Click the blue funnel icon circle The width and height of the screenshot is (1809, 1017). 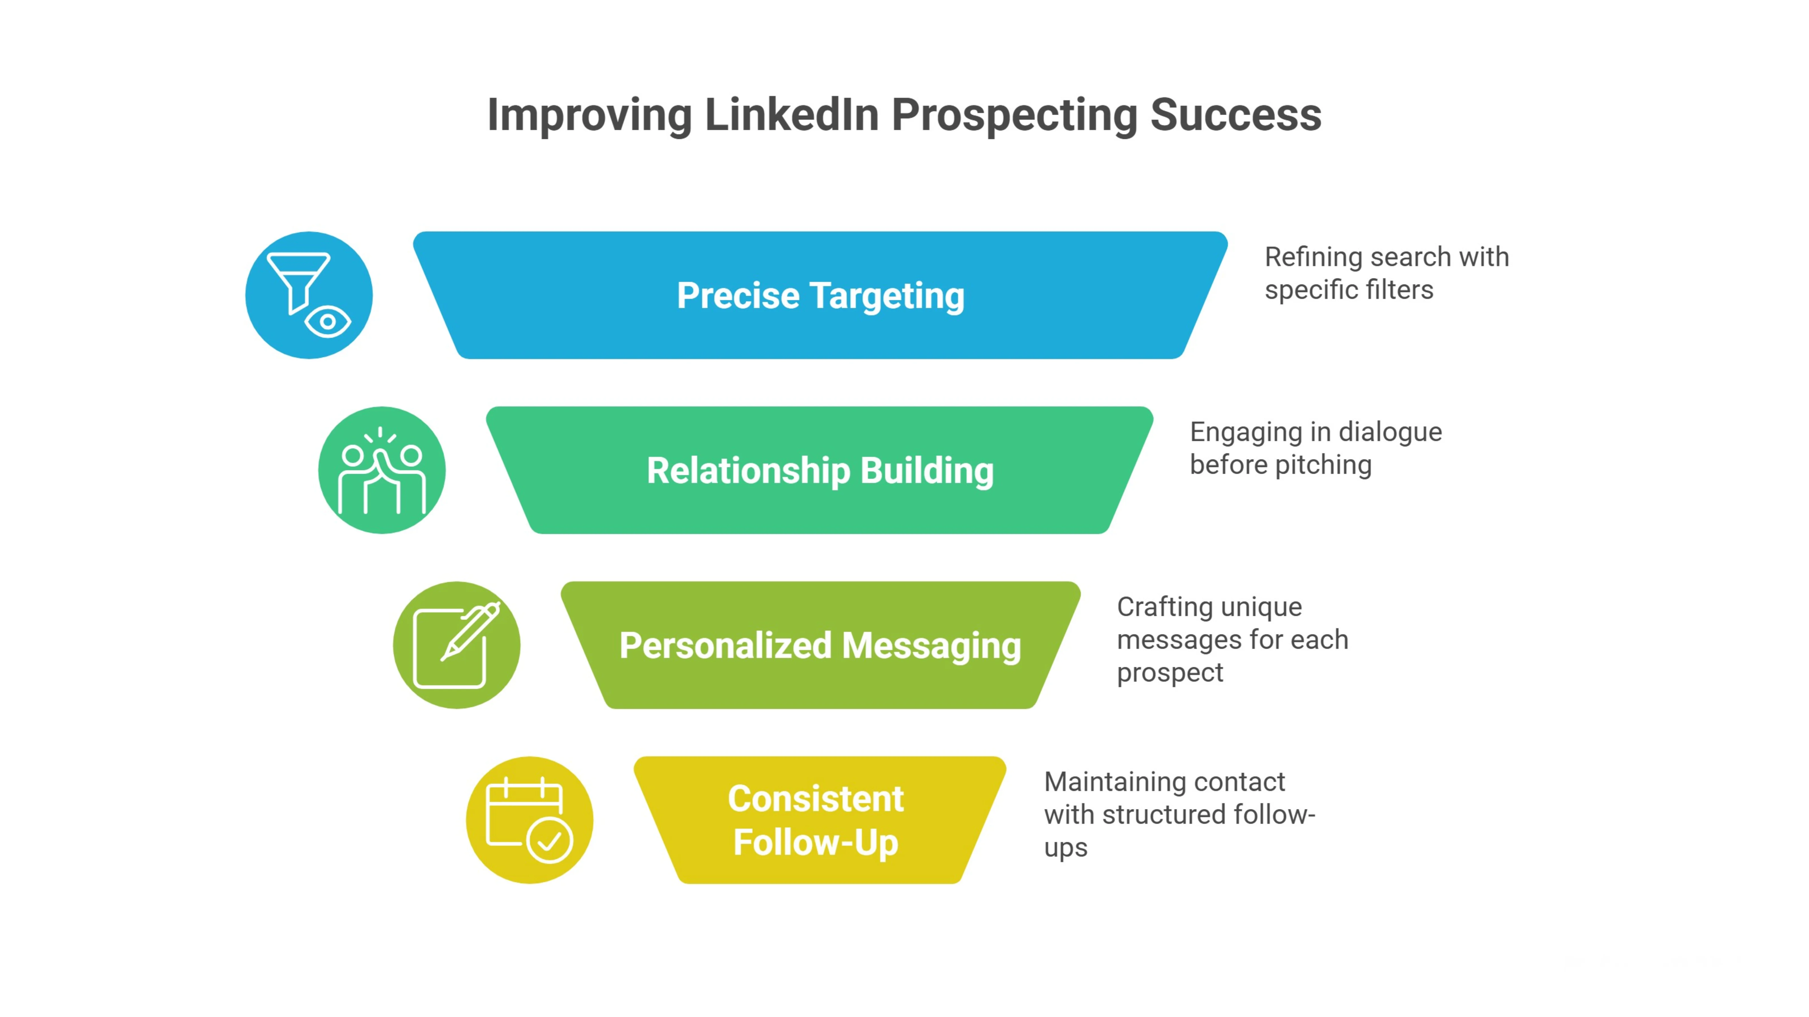[309, 295]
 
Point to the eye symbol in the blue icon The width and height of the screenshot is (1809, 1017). [328, 322]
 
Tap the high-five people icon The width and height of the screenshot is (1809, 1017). [382, 470]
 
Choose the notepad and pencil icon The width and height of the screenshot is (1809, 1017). [456, 645]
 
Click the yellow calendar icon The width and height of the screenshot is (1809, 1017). [529, 820]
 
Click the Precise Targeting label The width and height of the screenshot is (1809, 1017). [820, 295]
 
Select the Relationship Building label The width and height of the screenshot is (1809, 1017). [820, 470]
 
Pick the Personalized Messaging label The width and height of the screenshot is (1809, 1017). [820, 645]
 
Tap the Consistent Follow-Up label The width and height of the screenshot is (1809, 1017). [816, 820]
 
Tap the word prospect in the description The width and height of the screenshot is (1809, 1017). [1170, 672]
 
